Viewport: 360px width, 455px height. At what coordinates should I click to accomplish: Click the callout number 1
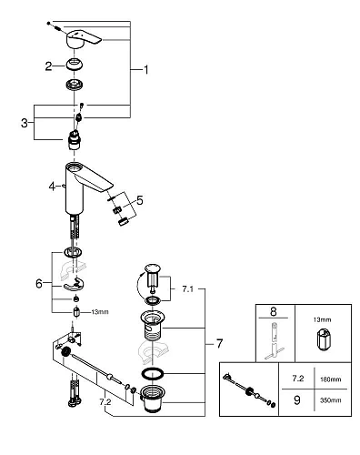tap(144, 69)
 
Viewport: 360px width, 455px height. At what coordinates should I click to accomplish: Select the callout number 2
tap(47, 66)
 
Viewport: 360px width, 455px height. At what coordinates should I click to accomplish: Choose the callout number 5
tap(138, 200)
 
